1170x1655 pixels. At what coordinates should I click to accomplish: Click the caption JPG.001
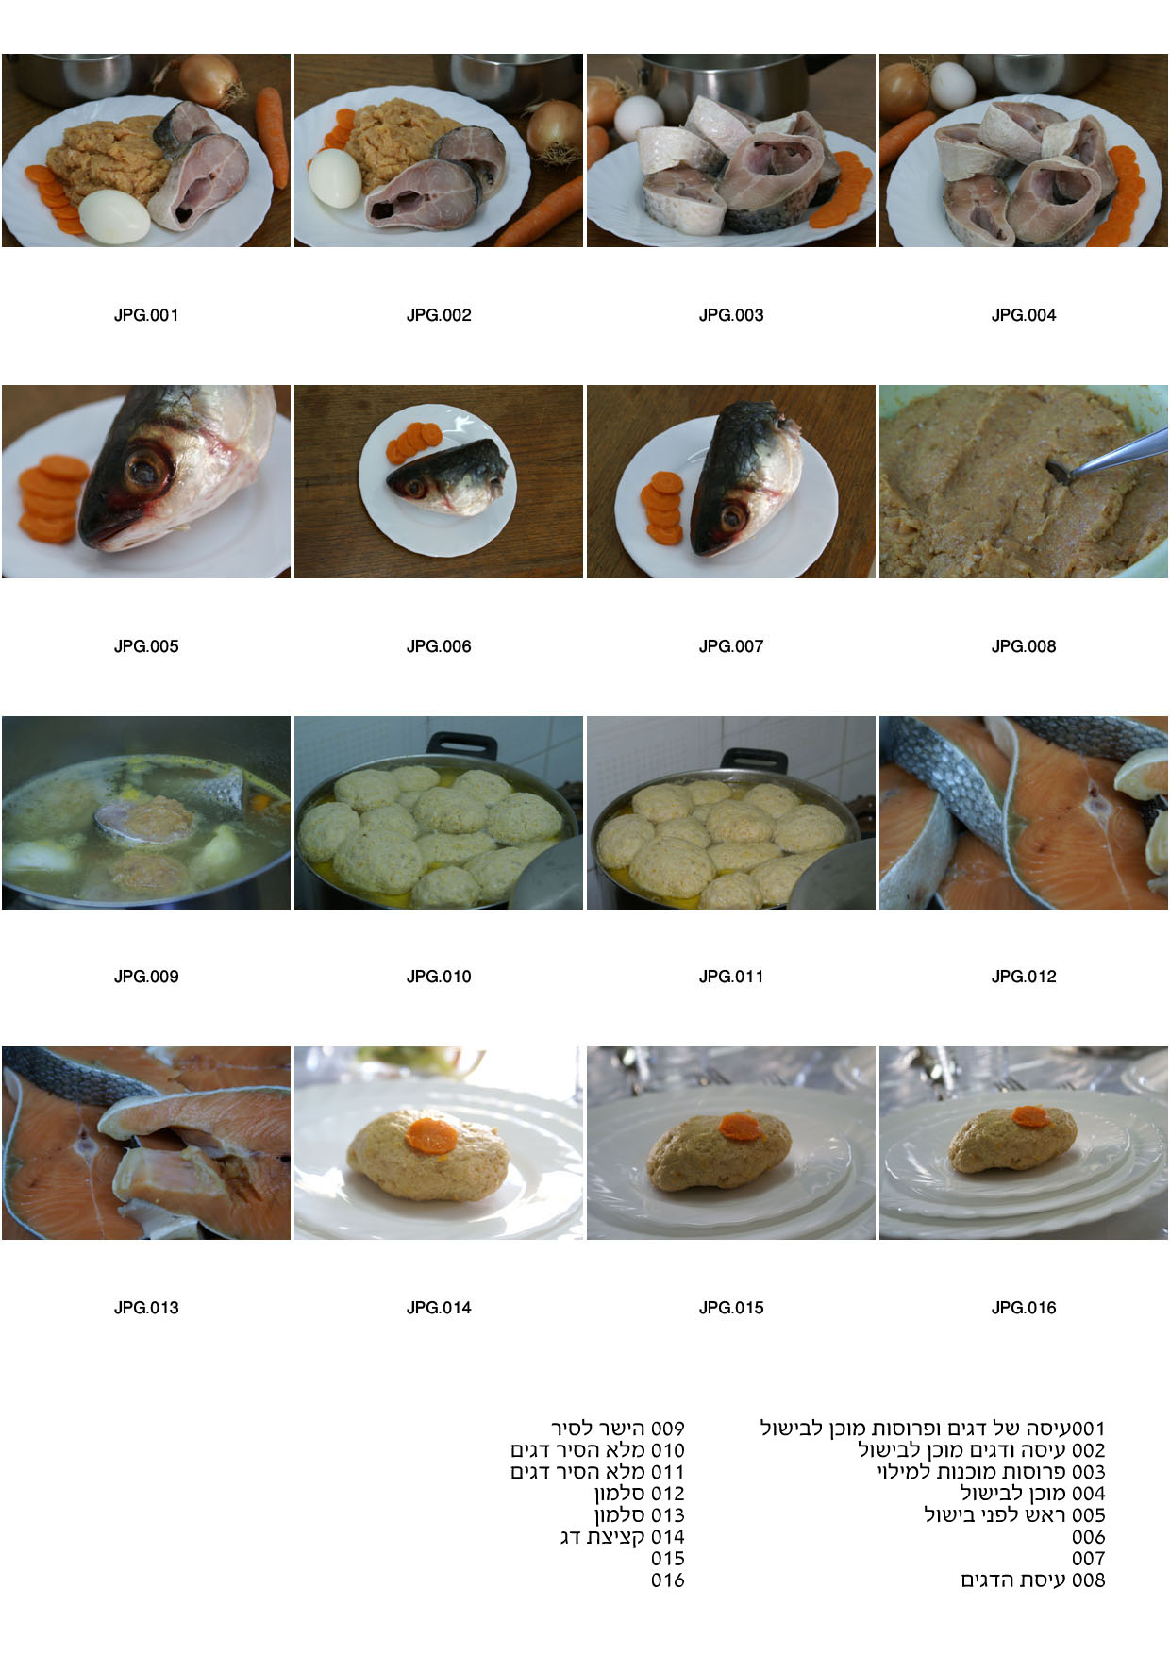point(146,315)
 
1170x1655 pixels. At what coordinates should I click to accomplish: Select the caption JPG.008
point(1024,646)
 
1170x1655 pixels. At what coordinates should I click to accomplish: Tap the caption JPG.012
point(1024,977)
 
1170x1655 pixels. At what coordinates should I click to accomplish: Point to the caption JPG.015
point(731,1308)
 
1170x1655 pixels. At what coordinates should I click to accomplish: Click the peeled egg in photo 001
point(114,216)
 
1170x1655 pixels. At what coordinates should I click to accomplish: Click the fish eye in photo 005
point(148,468)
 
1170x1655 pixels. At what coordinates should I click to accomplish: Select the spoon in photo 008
point(1106,453)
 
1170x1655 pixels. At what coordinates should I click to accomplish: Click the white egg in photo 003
point(639,117)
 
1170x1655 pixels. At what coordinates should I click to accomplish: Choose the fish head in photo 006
point(447,475)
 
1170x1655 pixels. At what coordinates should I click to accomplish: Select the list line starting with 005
point(1014,1515)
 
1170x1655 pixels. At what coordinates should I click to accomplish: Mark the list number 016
point(668,1580)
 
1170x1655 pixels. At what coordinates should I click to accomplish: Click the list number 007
point(1088,1559)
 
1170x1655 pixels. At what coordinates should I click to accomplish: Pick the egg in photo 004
point(953,86)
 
